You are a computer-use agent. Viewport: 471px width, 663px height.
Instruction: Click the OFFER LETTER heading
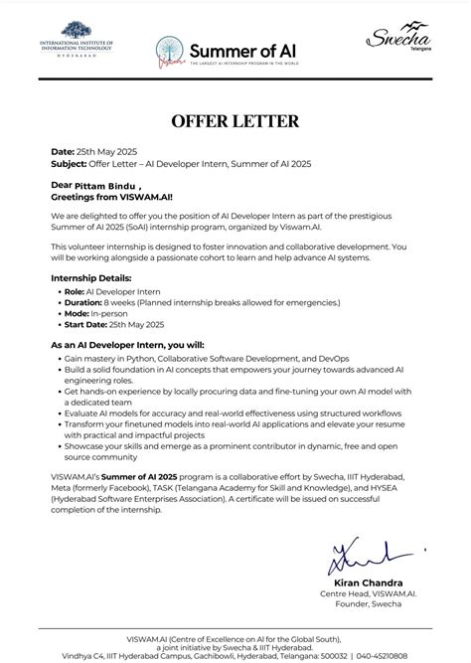(x=235, y=121)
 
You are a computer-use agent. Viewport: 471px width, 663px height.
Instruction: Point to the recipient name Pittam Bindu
(x=102, y=185)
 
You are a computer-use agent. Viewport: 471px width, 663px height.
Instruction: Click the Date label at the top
(x=62, y=151)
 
